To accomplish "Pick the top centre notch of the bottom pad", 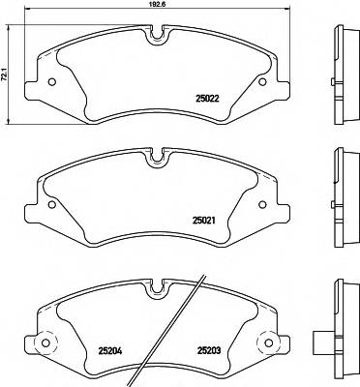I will point(156,286).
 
